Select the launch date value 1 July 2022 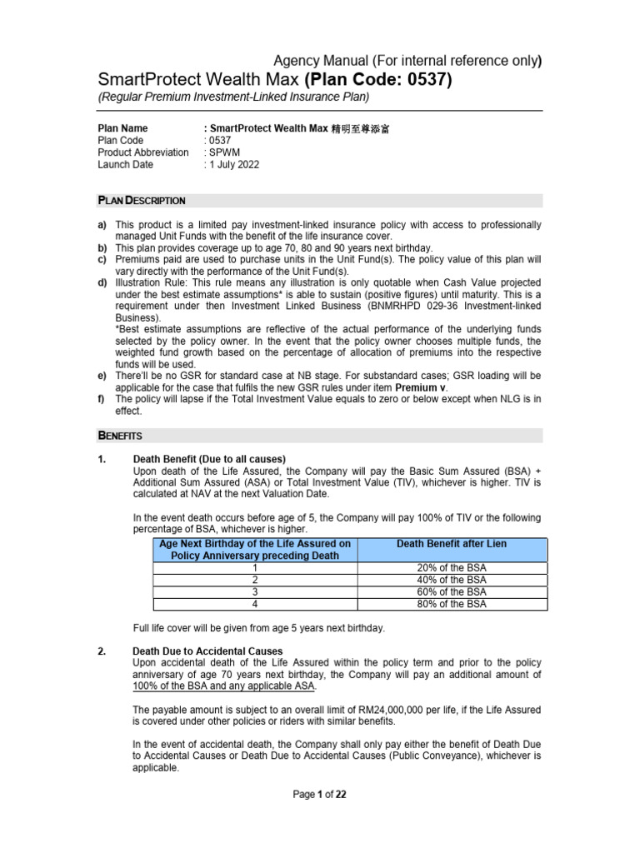coord(232,165)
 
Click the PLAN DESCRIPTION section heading coord(142,201)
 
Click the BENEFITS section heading coord(120,436)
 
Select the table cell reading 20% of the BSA coord(451,567)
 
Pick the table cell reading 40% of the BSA coord(451,580)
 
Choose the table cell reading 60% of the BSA coord(451,591)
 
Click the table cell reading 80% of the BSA coord(451,604)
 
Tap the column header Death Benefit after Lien coord(451,544)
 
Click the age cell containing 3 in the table coord(254,591)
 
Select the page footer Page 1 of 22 coord(319,795)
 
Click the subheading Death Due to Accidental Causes coord(207,651)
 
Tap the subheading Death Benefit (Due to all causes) coord(209,459)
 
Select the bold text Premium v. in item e coord(420,387)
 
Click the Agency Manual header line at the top coord(408,60)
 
